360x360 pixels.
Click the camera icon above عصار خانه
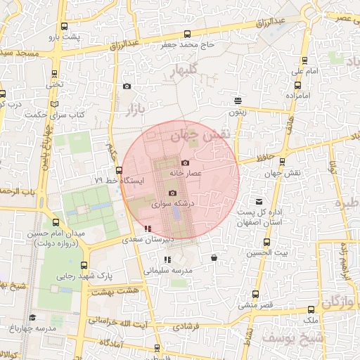click(x=185, y=163)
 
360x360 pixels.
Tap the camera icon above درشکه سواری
click(x=172, y=193)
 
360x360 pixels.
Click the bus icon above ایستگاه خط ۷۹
click(x=119, y=170)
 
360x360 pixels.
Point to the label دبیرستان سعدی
click(x=144, y=239)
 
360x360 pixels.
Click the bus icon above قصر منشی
click(x=255, y=295)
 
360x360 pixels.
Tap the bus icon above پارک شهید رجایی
click(x=84, y=266)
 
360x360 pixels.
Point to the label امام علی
click(x=304, y=72)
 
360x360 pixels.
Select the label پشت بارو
click(x=70, y=36)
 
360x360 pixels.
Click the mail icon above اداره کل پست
click(x=259, y=202)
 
